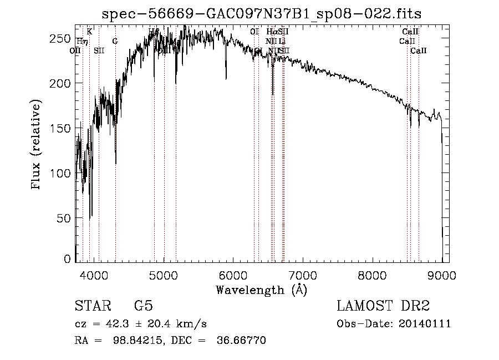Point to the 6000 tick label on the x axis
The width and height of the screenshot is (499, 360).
[233, 274]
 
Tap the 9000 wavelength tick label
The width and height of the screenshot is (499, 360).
[442, 274]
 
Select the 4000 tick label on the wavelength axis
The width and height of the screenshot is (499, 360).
[94, 274]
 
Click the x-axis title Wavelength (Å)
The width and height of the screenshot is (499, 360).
[262, 289]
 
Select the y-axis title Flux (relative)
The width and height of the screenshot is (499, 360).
[37, 145]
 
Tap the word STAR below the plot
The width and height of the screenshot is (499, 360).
[93, 306]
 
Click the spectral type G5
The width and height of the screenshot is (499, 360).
[143, 306]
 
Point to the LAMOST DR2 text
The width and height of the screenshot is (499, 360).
[383, 306]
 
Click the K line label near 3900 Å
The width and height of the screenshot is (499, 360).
[89, 32]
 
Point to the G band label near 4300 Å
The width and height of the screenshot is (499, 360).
[115, 41]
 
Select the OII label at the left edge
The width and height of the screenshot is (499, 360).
[75, 50]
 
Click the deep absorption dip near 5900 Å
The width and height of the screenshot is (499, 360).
[226, 77]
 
